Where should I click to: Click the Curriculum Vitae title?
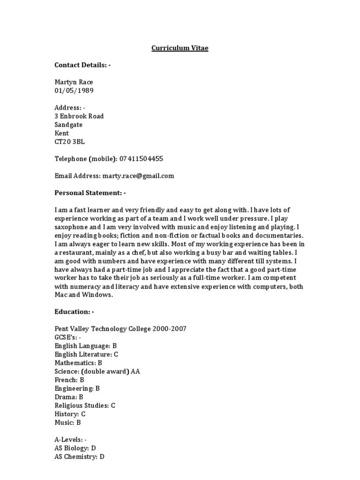point(180,48)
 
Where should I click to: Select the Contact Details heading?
point(82,65)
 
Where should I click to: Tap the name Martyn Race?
point(74,82)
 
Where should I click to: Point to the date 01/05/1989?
point(74,90)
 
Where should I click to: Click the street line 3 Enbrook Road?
point(79,116)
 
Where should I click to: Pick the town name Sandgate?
point(68,125)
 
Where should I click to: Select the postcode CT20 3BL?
point(70,142)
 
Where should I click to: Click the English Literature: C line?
point(86,354)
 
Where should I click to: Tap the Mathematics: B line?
point(78,363)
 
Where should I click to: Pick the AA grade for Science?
point(135,371)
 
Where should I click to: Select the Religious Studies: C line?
point(85,405)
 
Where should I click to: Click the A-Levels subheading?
point(70,439)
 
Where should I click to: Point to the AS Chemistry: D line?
point(79,457)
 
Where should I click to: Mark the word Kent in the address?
point(62,133)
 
